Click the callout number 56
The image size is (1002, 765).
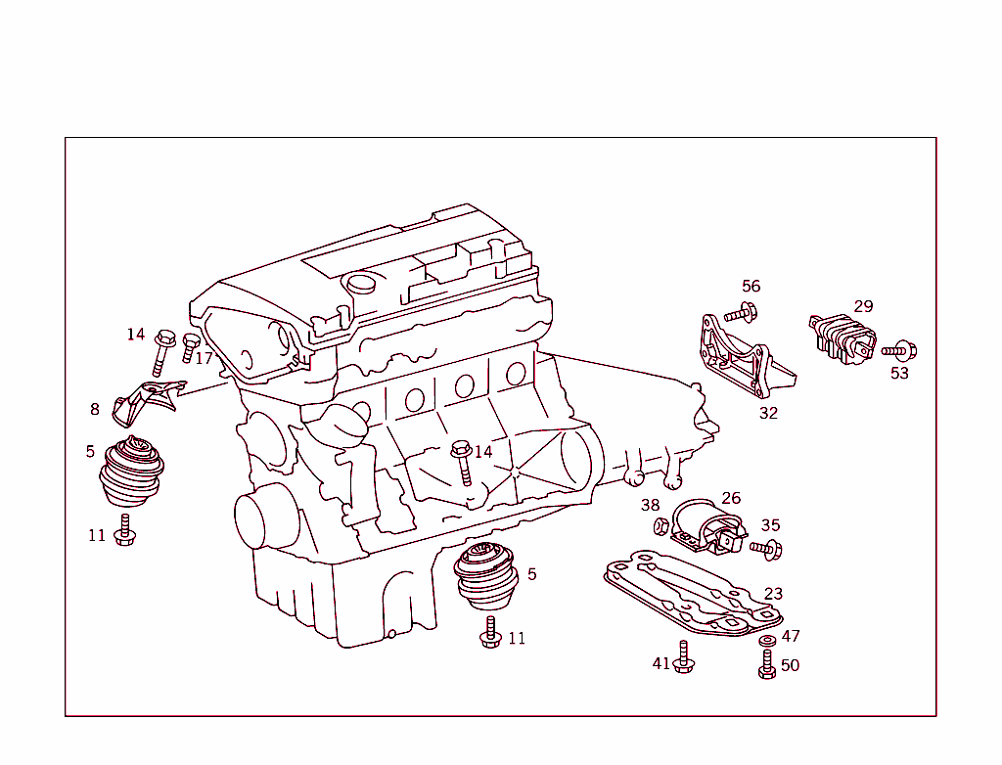(x=751, y=287)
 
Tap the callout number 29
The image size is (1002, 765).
(x=862, y=306)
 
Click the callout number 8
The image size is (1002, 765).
(x=95, y=410)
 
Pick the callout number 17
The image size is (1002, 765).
(x=204, y=359)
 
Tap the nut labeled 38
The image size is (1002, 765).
(x=660, y=526)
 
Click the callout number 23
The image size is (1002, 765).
(x=773, y=594)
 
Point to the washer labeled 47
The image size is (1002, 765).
(x=767, y=640)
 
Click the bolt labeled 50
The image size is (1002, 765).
(x=767, y=666)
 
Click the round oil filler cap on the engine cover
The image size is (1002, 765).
(x=363, y=284)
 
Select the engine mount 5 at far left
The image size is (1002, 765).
(x=131, y=473)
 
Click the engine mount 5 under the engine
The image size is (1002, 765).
(x=486, y=576)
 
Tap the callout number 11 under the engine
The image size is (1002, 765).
(x=517, y=639)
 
